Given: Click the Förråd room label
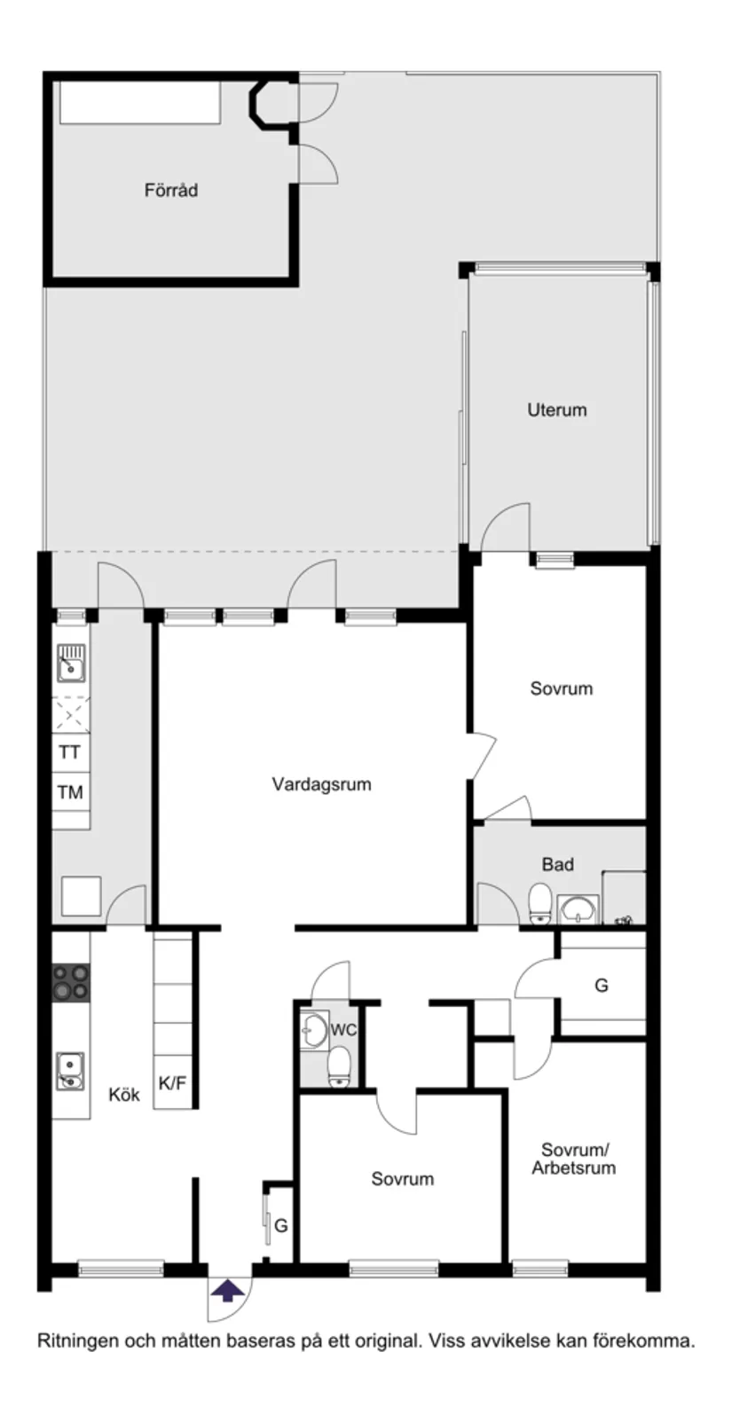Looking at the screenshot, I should [171, 190].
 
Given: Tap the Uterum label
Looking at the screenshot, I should [556, 410].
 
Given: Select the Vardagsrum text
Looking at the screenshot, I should [321, 784].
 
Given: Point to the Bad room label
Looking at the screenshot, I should [557, 864].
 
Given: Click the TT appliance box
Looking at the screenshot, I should [70, 752].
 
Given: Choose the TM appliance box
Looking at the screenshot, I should [70, 792].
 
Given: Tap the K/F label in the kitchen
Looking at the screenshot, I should [172, 1083].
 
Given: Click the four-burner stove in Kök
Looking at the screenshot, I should [70, 982].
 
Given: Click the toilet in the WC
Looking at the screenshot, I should [339, 1066].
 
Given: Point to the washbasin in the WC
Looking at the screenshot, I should [312, 1029].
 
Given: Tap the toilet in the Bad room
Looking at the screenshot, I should [539, 904].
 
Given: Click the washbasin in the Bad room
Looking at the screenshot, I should [579, 909].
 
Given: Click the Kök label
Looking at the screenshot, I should [124, 1095].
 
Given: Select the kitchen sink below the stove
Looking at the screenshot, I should [70, 1070].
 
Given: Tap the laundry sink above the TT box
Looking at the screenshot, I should [70, 663].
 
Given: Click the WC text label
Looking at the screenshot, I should [342, 1030].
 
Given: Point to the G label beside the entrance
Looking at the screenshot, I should [281, 1226].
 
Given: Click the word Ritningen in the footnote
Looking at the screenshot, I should [76, 1340].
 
